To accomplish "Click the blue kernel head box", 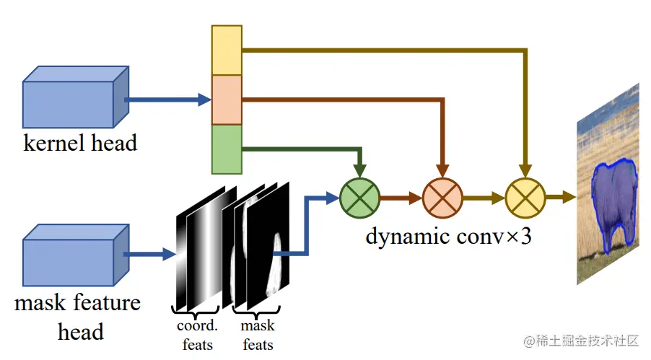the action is click(76, 97).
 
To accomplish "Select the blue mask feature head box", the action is click(76, 255).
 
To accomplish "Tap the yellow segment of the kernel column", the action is click(227, 51).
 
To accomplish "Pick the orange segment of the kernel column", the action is click(227, 100).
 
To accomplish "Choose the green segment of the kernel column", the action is click(227, 149).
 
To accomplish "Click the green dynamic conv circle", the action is click(359, 198).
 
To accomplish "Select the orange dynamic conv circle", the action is click(442, 198).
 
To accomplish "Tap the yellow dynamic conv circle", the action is click(525, 198).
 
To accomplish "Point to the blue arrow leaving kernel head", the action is click(168, 100).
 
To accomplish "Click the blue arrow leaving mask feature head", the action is click(150, 254).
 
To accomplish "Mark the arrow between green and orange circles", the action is click(401, 198).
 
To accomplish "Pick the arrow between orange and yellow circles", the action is click(484, 198).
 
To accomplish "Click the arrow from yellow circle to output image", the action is click(561, 197).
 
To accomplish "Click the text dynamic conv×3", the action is click(448, 237).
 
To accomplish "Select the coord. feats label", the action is click(197, 335).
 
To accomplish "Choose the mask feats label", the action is click(258, 335).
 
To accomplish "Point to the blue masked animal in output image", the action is click(613, 203).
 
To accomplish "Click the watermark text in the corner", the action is click(581, 341).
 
